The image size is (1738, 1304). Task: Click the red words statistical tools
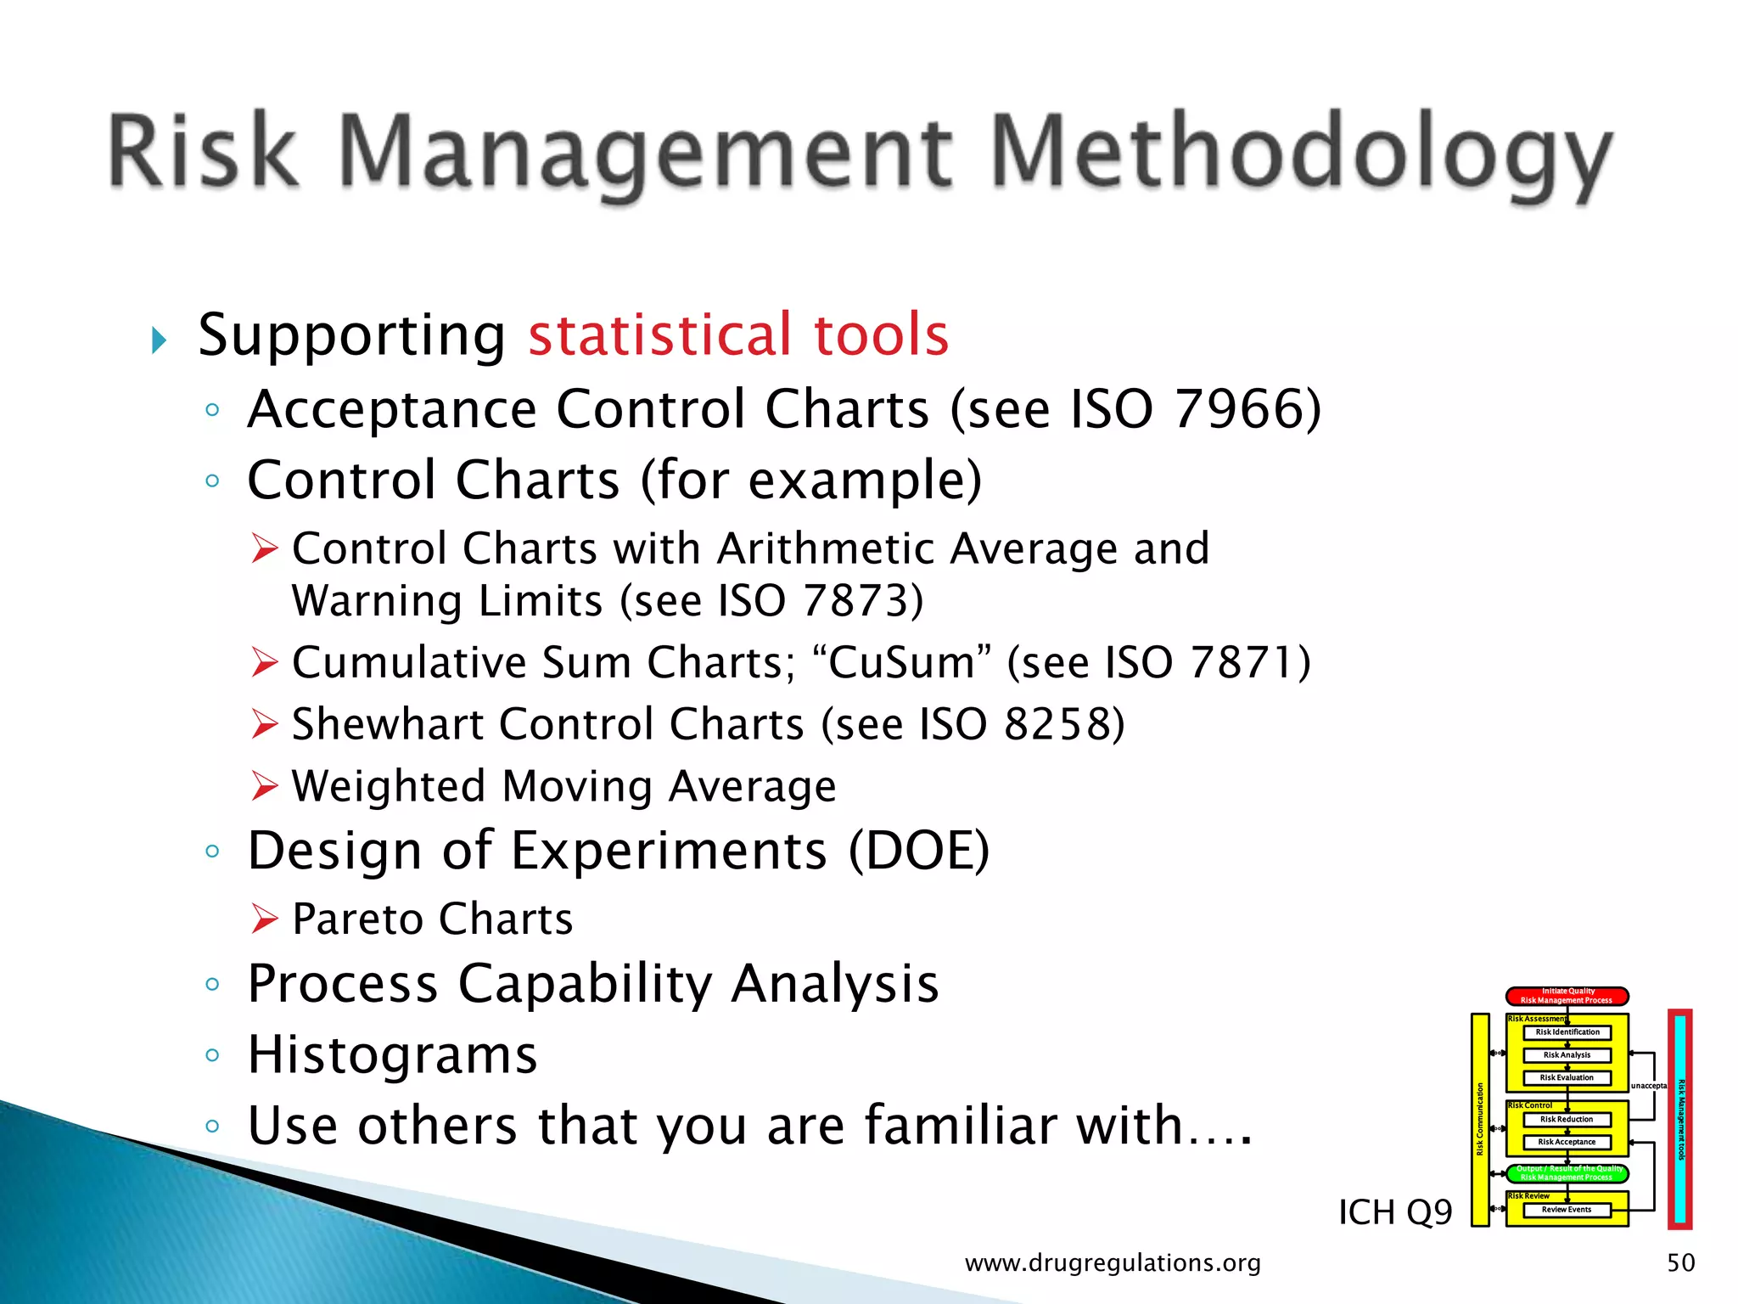pyautogui.click(x=738, y=334)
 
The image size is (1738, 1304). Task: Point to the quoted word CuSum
pyautogui.click(x=901, y=662)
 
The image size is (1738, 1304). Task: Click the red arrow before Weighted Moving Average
pyautogui.click(x=265, y=786)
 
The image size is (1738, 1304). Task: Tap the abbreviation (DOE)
pyautogui.click(x=919, y=851)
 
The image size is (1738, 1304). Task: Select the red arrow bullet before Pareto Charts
pyautogui.click(x=265, y=919)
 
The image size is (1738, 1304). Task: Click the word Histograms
pyautogui.click(x=392, y=1055)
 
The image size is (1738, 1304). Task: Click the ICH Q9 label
pyautogui.click(x=1394, y=1212)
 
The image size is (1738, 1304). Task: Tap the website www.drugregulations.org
pyautogui.click(x=1113, y=1263)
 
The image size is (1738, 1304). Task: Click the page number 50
pyautogui.click(x=1680, y=1263)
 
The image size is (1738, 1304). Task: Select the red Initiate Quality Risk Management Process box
pyautogui.click(x=1567, y=996)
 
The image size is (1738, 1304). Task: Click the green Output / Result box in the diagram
pyautogui.click(x=1567, y=1173)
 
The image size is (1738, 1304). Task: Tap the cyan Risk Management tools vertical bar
pyautogui.click(x=1680, y=1119)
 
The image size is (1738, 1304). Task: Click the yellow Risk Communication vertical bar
pyautogui.click(x=1480, y=1119)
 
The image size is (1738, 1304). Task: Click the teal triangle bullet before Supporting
pyautogui.click(x=159, y=340)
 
